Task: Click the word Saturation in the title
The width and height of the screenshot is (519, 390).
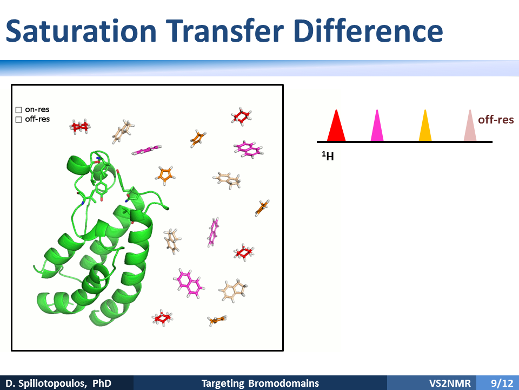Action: tap(81, 30)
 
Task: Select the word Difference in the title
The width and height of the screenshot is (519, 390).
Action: tap(368, 30)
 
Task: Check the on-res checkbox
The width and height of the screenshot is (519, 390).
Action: tap(18, 110)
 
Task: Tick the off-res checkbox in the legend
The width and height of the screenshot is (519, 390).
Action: tap(18, 119)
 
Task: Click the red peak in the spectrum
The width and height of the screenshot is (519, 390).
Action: tap(336, 126)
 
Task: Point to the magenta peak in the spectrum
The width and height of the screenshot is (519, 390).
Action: tap(377, 126)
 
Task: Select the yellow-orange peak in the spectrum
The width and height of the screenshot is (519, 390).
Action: tap(425, 126)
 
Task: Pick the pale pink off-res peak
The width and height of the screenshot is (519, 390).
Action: tap(470, 126)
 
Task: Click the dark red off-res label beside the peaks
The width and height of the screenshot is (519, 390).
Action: tap(496, 119)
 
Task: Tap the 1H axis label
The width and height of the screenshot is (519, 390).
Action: tap(328, 156)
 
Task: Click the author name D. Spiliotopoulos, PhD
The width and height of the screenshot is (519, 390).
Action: tap(58, 383)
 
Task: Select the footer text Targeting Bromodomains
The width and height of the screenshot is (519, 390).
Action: tap(260, 383)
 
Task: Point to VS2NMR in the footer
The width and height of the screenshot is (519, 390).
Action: tap(450, 383)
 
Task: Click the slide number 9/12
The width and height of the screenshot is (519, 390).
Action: tap(502, 383)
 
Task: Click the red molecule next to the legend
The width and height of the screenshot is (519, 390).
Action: tap(80, 126)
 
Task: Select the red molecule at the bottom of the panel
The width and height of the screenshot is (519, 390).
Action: tap(162, 318)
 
